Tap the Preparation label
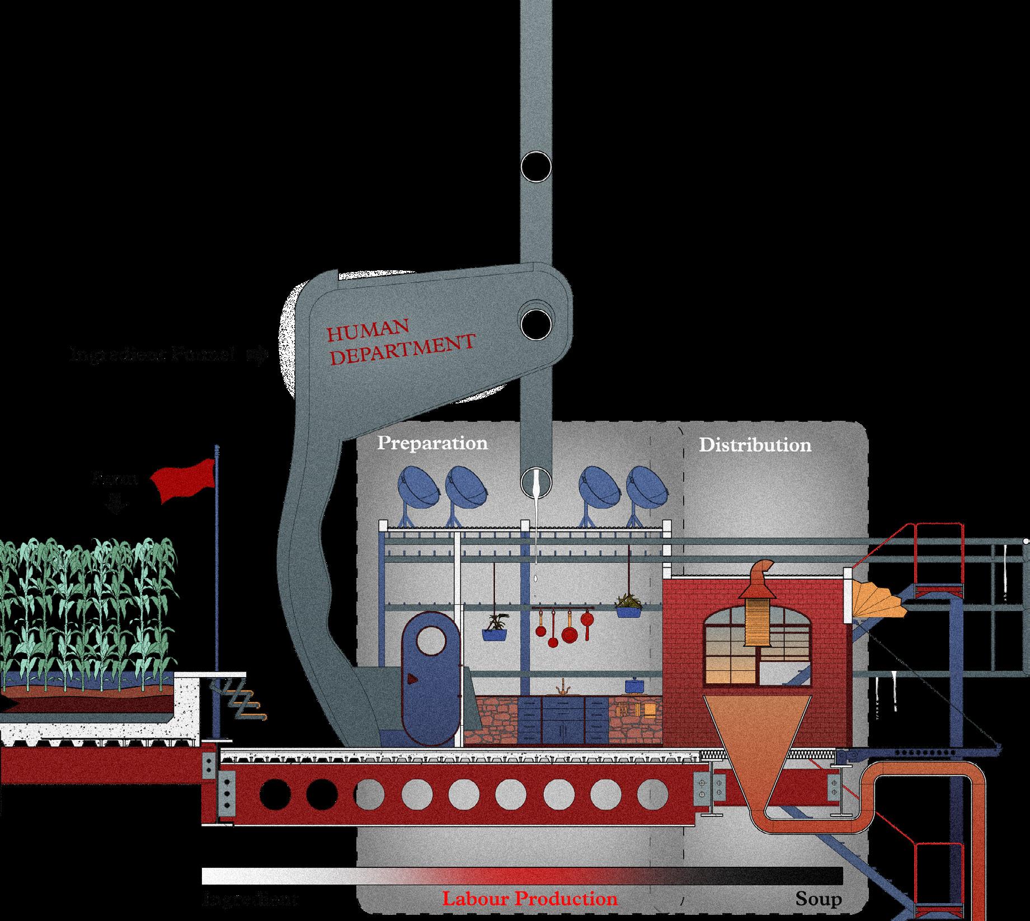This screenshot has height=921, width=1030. pyautogui.click(x=432, y=443)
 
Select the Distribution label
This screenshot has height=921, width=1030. pyautogui.click(x=755, y=445)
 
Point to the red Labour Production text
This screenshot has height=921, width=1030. pyautogui.click(x=530, y=899)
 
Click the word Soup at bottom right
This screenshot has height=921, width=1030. pyautogui.click(x=819, y=900)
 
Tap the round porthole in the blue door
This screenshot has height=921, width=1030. pyautogui.click(x=430, y=641)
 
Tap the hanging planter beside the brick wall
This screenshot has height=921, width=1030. pyautogui.click(x=629, y=605)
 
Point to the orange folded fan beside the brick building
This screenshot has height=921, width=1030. pyautogui.click(x=877, y=599)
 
